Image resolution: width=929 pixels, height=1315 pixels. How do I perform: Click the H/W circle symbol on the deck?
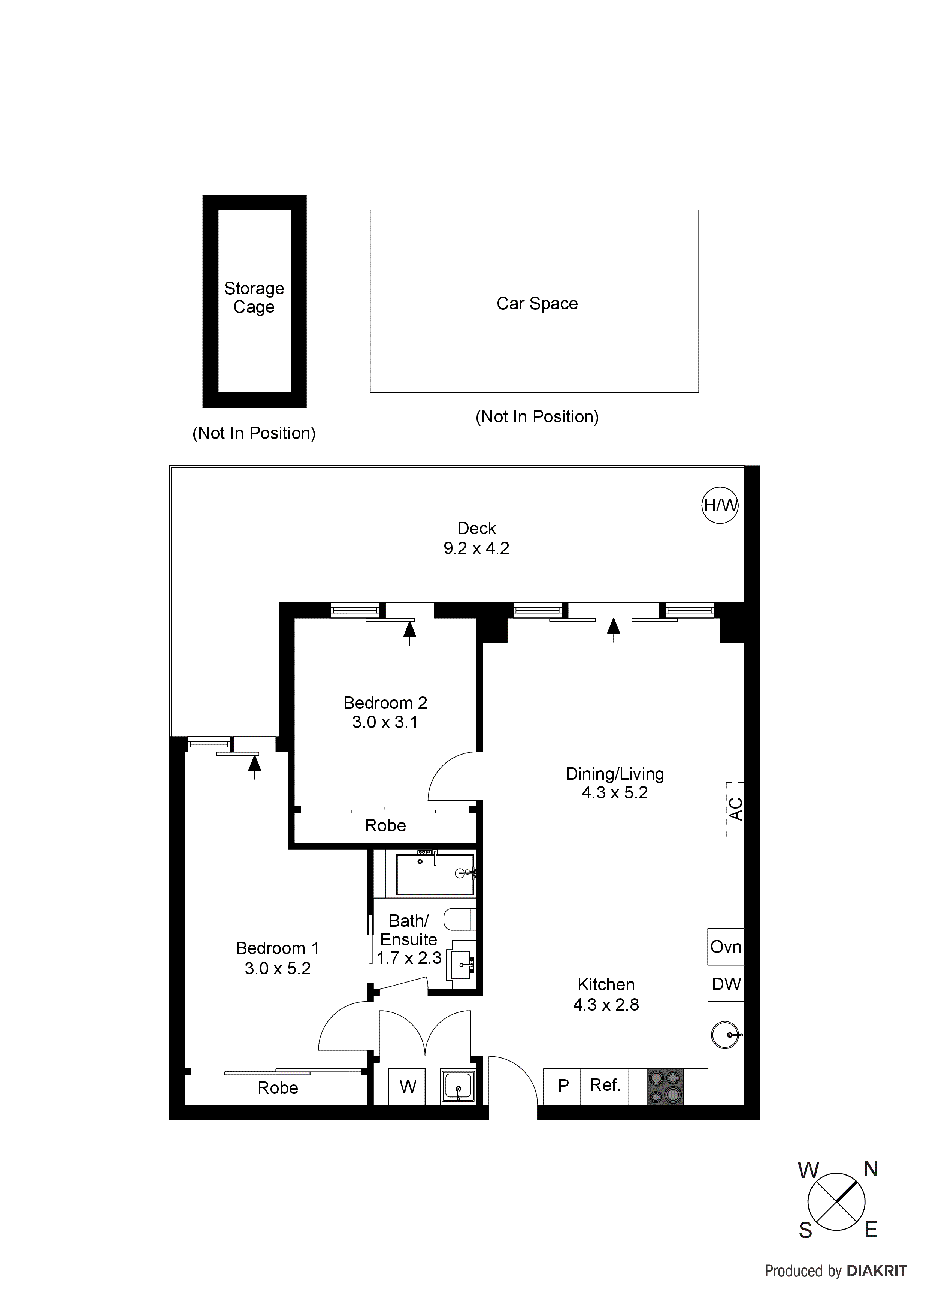[720, 505]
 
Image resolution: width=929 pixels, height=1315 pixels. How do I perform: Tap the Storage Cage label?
[254, 297]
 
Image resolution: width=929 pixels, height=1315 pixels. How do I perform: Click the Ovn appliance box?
[726, 947]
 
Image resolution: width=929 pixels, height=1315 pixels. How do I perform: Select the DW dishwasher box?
[726, 984]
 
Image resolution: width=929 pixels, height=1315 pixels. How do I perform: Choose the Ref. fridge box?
[605, 1085]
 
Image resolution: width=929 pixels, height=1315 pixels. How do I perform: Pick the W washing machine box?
[407, 1086]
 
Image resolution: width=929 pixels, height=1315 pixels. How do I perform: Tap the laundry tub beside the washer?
[458, 1086]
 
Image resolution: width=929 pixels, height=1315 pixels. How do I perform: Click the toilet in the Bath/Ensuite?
[461, 919]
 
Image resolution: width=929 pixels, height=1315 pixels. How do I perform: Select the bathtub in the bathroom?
[435, 875]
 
